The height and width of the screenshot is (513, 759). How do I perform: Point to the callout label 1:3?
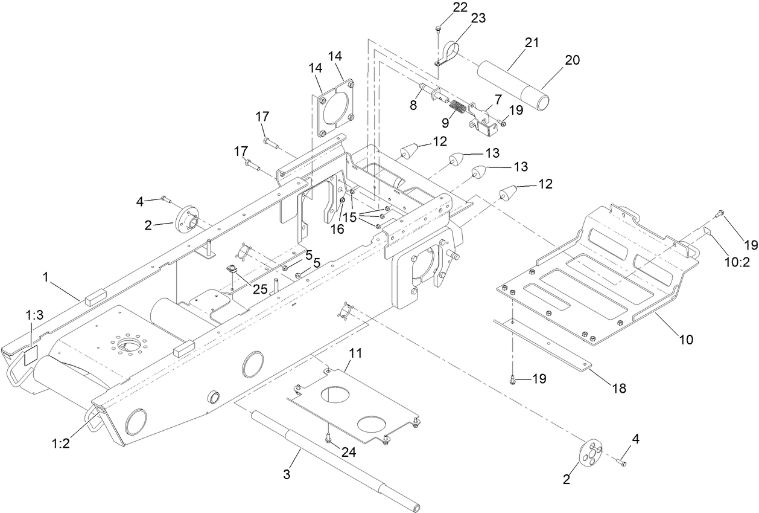pos(34,315)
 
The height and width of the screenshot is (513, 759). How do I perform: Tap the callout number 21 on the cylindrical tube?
pos(515,42)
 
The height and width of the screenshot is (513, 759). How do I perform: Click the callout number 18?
pos(619,388)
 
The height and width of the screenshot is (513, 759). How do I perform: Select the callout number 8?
pos(413,104)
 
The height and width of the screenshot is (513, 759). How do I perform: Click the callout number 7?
pos(481,98)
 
